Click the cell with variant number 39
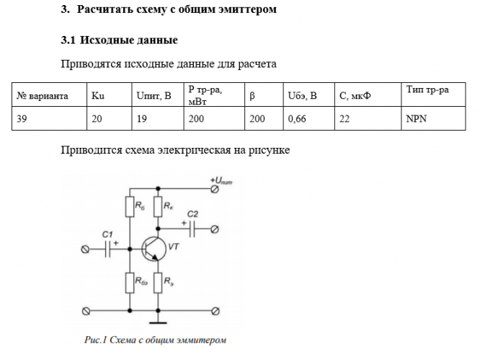[x=22, y=120]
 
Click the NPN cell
[x=416, y=120]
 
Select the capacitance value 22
[x=344, y=120]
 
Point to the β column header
[x=252, y=95]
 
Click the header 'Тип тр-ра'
[x=427, y=89]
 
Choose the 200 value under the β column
[x=257, y=120]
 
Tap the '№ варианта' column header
[x=43, y=95]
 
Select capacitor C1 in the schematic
[x=110, y=249]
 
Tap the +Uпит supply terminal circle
[x=215, y=189]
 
